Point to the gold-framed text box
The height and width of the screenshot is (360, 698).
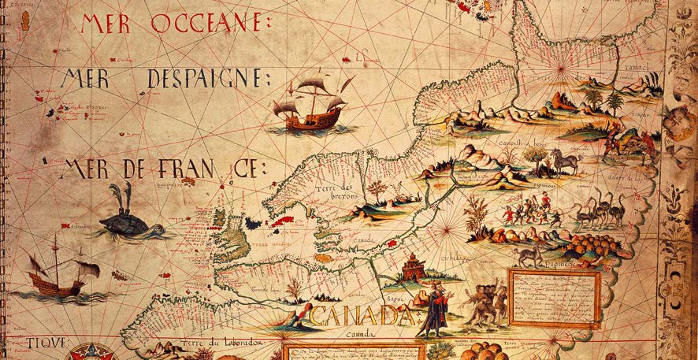554,297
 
